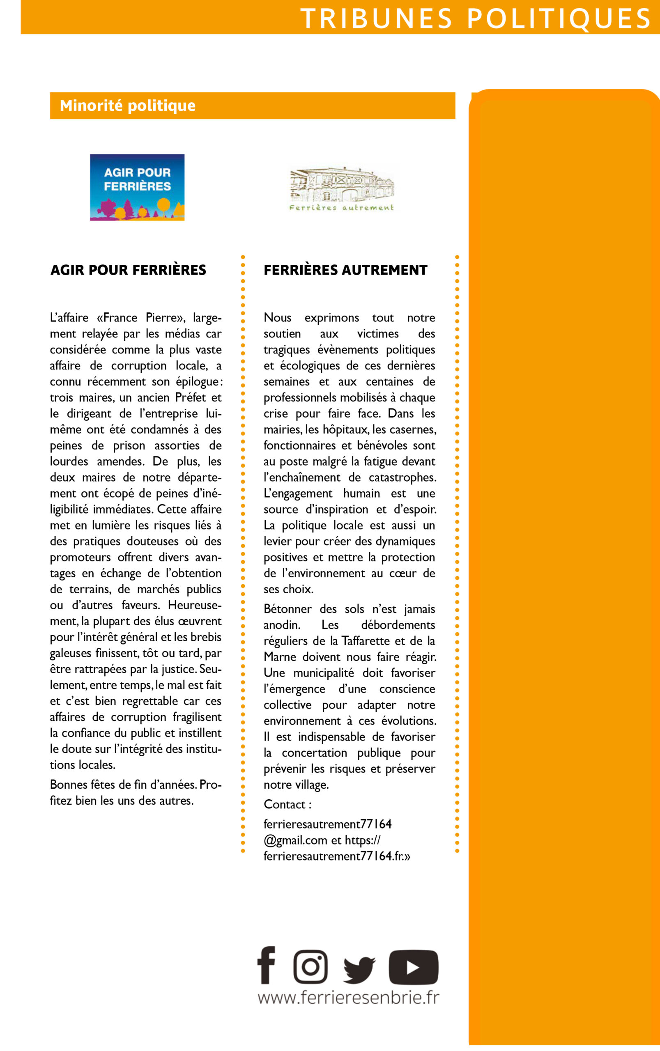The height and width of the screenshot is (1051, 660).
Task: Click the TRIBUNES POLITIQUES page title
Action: (x=475, y=18)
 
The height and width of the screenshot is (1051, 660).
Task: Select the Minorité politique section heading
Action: (x=127, y=106)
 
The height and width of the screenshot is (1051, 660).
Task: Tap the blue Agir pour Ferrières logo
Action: (x=137, y=187)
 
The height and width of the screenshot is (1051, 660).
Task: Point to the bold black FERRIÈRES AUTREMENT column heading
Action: (x=345, y=270)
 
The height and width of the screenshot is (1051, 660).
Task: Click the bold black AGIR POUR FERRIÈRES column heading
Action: (x=128, y=270)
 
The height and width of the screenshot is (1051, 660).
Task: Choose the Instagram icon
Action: (x=310, y=966)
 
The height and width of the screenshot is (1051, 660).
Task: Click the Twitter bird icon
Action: (x=359, y=969)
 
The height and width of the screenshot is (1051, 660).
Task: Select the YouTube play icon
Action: (x=414, y=967)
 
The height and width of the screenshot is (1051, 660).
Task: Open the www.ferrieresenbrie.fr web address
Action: (x=348, y=998)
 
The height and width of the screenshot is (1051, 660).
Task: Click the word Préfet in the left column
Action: (x=190, y=397)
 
